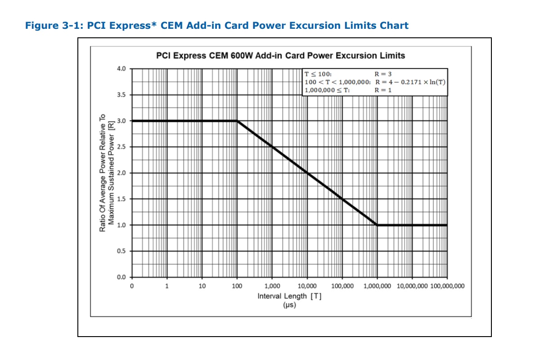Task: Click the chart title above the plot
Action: click(280, 56)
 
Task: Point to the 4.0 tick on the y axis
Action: click(120, 69)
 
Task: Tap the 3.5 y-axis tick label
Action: click(120, 95)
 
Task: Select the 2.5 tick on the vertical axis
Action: click(120, 147)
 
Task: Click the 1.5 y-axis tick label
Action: click(120, 199)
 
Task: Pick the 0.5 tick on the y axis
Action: click(120, 251)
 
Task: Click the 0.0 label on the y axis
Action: click(120, 277)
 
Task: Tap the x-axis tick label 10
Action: click(202, 286)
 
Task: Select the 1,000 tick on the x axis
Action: click(272, 286)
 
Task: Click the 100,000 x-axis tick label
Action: click(342, 286)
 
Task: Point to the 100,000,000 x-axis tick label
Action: click(447, 286)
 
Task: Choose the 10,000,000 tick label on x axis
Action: click(412, 286)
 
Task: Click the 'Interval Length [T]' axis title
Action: click(289, 296)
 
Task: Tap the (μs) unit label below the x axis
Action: click(289, 305)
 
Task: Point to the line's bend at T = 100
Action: click(237, 121)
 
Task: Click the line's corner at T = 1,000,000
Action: click(377, 225)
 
